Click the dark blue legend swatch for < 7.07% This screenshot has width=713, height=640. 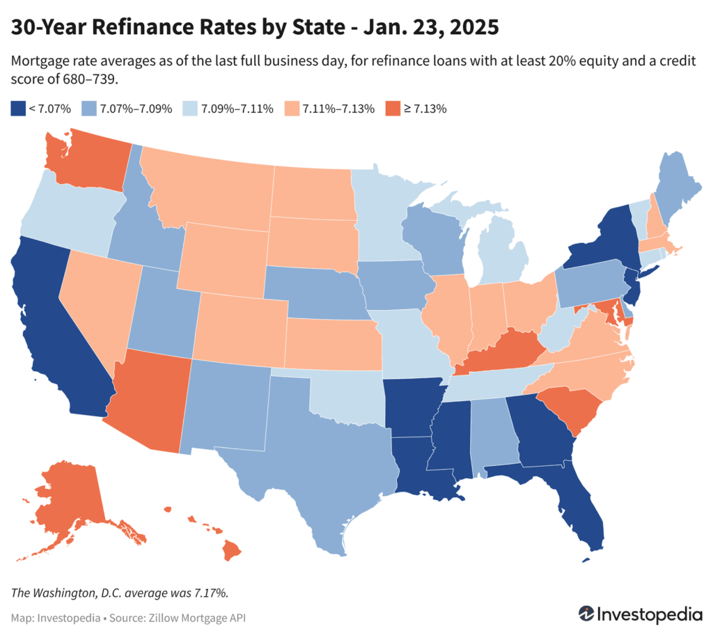point(17,109)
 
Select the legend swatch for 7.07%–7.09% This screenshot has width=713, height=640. point(88,109)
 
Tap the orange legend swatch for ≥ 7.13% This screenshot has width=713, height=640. point(393,109)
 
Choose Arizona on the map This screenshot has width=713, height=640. point(150,400)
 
